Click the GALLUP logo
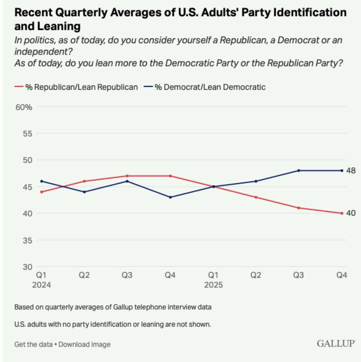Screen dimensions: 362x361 (x=336, y=344)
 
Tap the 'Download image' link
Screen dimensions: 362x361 (x=85, y=344)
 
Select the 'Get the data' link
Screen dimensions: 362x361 (x=33, y=344)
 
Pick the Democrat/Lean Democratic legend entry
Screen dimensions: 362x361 (x=205, y=87)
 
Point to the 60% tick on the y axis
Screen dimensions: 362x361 (x=24, y=107)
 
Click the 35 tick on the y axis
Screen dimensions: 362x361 (x=28, y=240)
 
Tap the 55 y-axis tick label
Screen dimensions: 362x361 (x=28, y=133)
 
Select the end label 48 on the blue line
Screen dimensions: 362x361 (x=351, y=170)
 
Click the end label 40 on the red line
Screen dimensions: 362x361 (x=351, y=213)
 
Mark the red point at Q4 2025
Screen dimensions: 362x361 (x=342, y=213)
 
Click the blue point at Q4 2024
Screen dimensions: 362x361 (x=170, y=197)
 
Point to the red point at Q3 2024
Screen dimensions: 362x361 (x=127, y=176)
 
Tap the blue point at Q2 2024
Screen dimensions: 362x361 (x=84, y=192)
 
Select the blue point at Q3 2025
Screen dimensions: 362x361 (x=299, y=170)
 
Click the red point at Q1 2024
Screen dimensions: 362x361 (x=41, y=192)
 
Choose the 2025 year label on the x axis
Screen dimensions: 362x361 (x=213, y=285)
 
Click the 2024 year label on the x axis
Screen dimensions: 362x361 (x=42, y=285)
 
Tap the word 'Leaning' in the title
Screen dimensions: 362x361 (x=59, y=26)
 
